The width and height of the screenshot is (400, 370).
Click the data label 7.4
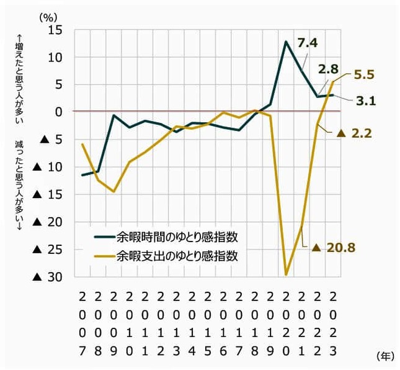tap(308, 43)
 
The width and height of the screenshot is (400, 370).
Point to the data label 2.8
tap(328, 69)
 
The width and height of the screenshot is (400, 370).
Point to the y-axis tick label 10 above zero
tap(56, 57)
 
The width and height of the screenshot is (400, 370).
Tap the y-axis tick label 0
tap(59, 112)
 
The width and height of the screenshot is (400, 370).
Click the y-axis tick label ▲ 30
tap(47, 277)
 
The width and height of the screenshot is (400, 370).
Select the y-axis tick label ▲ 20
tap(47, 222)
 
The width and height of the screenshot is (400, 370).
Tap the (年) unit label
tap(384, 356)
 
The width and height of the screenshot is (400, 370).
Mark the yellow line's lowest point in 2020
tap(287, 274)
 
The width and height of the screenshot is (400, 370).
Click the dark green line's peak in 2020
tap(286, 42)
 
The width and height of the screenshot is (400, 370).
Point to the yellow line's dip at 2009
tap(113, 191)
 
